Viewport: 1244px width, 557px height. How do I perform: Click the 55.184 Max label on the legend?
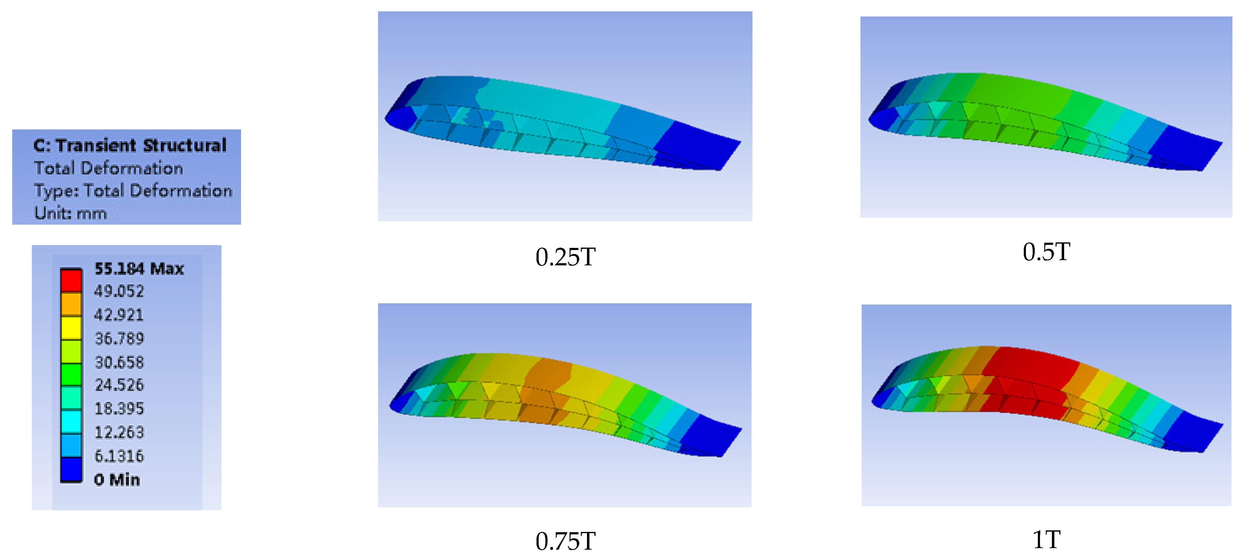click(x=139, y=269)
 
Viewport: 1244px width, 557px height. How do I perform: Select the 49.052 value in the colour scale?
click(x=119, y=291)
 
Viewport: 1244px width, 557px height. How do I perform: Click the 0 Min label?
click(x=117, y=480)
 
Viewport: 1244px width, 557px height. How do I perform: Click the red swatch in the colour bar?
click(x=71, y=280)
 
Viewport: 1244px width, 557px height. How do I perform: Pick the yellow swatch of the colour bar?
click(x=71, y=328)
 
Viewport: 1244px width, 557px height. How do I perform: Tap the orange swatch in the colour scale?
click(x=71, y=304)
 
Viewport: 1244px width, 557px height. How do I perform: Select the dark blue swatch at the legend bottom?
click(x=71, y=469)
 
